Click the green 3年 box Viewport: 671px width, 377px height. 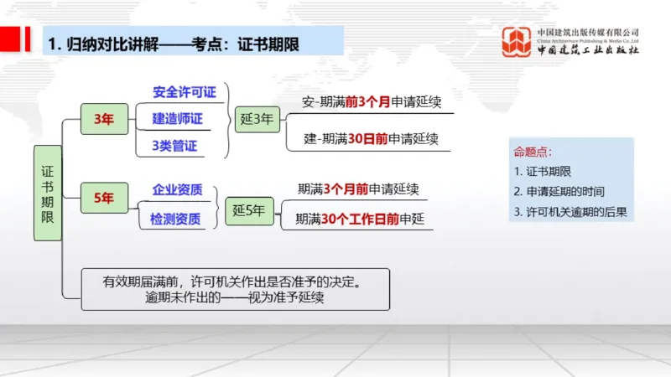pyautogui.click(x=104, y=119)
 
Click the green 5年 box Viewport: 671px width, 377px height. pyautogui.click(x=104, y=198)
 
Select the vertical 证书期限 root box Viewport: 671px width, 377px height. pyautogui.click(x=48, y=193)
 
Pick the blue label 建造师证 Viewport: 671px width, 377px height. pyautogui.click(x=177, y=119)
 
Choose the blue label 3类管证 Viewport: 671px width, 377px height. pyautogui.click(x=174, y=146)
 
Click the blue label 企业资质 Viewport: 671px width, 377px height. pyautogui.click(x=177, y=189)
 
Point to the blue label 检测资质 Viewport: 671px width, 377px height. pyautogui.click(x=175, y=219)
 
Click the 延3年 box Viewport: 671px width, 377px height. pyautogui.click(x=255, y=119)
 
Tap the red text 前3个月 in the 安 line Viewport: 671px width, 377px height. pyautogui.click(x=367, y=103)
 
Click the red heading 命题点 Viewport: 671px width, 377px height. pyautogui.click(x=533, y=152)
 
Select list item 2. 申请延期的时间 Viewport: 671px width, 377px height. pyautogui.click(x=559, y=192)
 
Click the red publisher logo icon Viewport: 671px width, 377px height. pyautogui.click(x=517, y=42)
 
